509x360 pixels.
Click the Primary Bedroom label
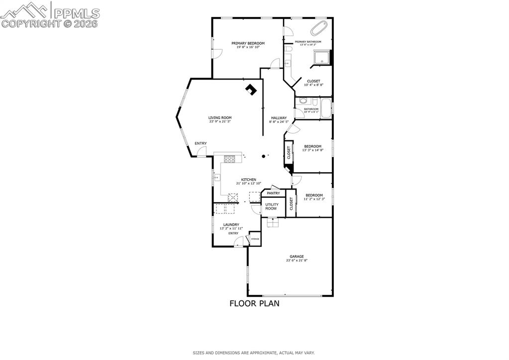[x=248, y=43]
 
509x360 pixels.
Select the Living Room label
[x=219, y=118]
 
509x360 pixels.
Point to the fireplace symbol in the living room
[x=251, y=90]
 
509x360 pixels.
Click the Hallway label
[x=278, y=118]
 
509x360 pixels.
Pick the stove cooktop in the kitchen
[x=230, y=159]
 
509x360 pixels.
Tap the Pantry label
[x=273, y=193]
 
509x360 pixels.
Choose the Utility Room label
[x=271, y=206]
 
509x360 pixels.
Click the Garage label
[x=297, y=256]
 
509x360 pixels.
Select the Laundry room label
[x=231, y=225]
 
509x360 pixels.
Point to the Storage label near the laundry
[x=255, y=239]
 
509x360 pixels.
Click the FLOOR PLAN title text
[x=254, y=303]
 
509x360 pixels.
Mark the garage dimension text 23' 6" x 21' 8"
[x=297, y=260]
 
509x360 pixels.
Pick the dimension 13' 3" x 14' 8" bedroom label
[x=312, y=150]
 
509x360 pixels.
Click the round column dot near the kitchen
[x=264, y=156]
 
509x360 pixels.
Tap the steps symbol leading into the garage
[x=273, y=223]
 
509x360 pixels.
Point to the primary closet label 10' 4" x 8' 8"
[x=313, y=85]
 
